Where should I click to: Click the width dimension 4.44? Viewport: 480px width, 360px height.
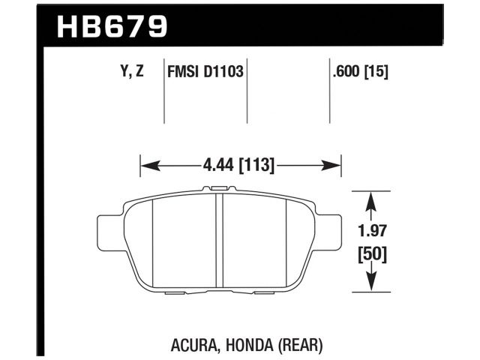coord(218,164)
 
